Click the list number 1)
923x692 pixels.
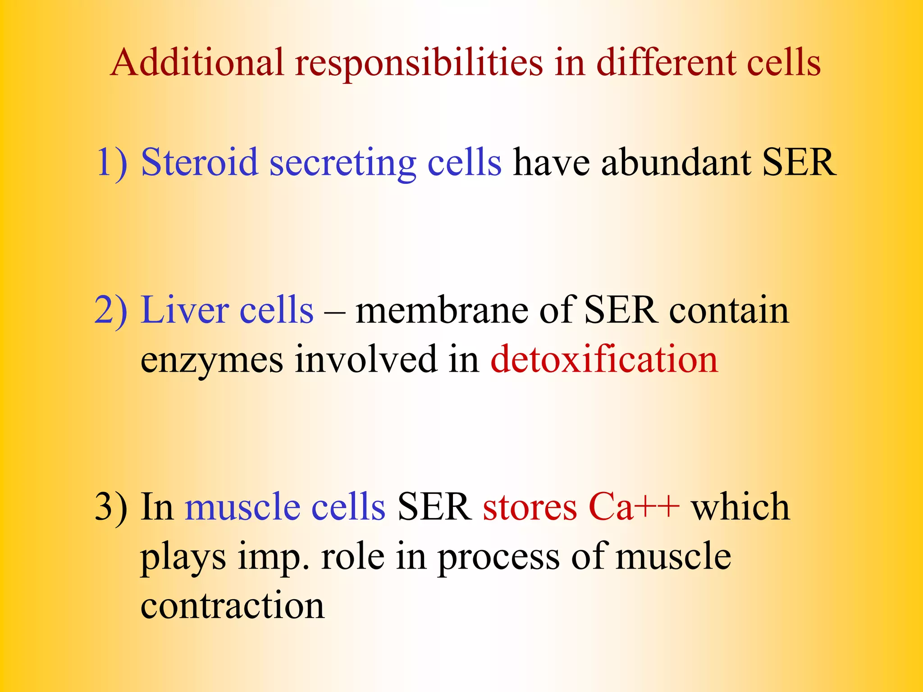[x=112, y=162]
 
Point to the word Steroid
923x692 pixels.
[x=199, y=162]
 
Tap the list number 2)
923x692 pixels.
[x=111, y=310]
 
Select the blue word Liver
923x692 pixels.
[x=184, y=310]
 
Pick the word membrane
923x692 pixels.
[x=441, y=310]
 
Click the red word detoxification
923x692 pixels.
[x=604, y=360]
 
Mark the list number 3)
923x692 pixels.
[x=111, y=507]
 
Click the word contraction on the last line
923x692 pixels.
[x=232, y=605]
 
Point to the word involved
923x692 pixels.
[x=366, y=360]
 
